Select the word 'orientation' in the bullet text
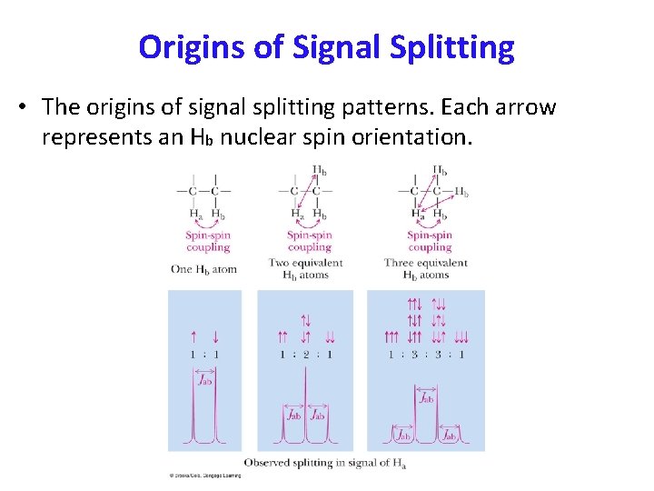414,138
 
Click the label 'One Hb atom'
203,269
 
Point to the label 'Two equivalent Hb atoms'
305,268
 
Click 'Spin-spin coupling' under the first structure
208,241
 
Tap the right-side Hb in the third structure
461,193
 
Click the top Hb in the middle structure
320,170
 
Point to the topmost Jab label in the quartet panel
425,396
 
